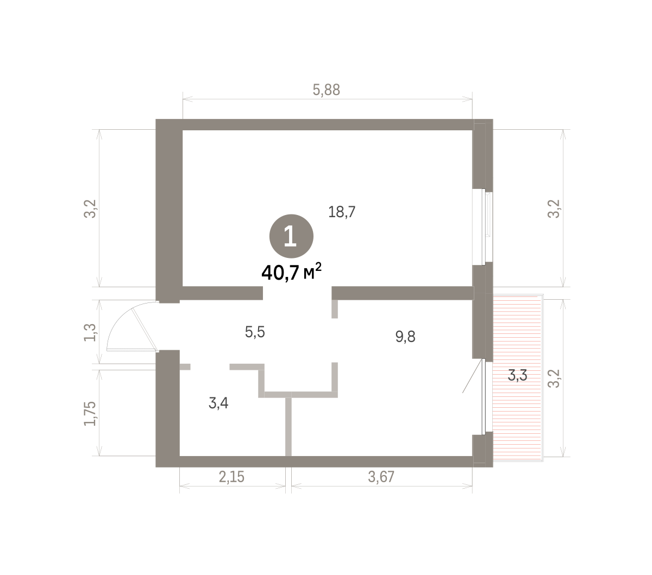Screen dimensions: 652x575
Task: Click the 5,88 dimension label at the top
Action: tap(326, 90)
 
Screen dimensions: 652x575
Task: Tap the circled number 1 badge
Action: tap(291, 236)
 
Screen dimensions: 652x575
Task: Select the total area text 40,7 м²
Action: tap(292, 272)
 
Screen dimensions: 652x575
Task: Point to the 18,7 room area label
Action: tap(342, 212)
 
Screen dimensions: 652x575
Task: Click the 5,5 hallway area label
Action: tap(255, 332)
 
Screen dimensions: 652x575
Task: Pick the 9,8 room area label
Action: tap(405, 337)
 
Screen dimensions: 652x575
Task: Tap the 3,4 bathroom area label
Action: tap(218, 403)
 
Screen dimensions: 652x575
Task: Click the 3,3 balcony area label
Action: tap(517, 375)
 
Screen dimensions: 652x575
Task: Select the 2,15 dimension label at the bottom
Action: tap(231, 477)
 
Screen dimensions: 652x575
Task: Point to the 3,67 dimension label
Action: tap(381, 477)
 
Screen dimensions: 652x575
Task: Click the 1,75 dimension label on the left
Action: tap(90, 414)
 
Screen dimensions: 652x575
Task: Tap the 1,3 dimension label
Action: tap(90, 332)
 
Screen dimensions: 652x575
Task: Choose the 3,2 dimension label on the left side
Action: tap(90, 208)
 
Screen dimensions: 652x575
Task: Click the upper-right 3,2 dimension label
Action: tap(554, 208)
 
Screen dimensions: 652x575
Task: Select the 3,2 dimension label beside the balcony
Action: tap(554, 378)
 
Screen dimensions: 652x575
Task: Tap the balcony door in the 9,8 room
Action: tap(484, 396)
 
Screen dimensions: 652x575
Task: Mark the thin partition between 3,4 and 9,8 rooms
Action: tap(289, 427)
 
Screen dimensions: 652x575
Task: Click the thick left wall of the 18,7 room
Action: tap(169, 211)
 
